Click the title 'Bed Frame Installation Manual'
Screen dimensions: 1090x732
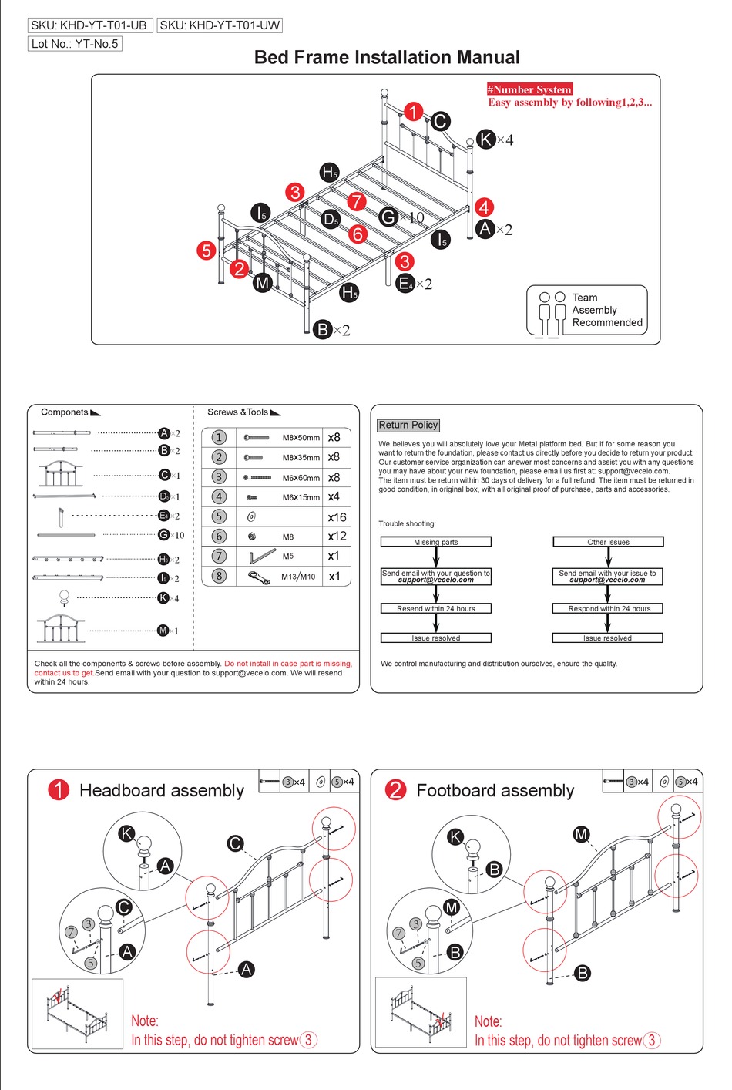click(x=387, y=58)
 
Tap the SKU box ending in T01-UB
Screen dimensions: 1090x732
click(x=89, y=25)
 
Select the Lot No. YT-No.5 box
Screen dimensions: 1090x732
click(x=75, y=44)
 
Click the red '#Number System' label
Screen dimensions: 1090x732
click(x=529, y=89)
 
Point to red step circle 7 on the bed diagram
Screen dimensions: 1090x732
click(x=356, y=201)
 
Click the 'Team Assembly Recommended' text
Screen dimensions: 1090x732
click(x=606, y=310)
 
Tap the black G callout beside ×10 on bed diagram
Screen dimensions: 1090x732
click(x=388, y=217)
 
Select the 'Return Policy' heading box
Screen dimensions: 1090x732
click(x=408, y=425)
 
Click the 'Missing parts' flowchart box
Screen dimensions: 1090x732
click(x=435, y=542)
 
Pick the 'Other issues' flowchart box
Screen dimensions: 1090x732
click(x=608, y=542)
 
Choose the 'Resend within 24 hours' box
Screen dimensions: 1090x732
click(x=435, y=608)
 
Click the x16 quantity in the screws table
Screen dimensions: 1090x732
click(x=337, y=517)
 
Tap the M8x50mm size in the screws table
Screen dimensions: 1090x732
click(x=301, y=438)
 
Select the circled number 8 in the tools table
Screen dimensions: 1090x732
click(x=219, y=576)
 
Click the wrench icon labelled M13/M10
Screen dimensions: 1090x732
click(x=258, y=577)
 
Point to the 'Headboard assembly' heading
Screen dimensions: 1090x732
click(x=162, y=791)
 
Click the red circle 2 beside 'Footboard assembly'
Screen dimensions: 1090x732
click(x=395, y=789)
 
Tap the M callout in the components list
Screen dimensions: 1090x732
click(x=163, y=631)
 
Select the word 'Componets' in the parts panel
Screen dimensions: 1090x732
click(x=65, y=412)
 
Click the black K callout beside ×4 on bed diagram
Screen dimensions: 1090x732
click(x=485, y=139)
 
